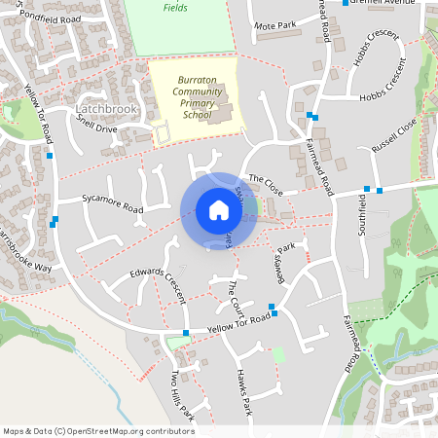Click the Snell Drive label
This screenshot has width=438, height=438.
pyautogui.click(x=96, y=128)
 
